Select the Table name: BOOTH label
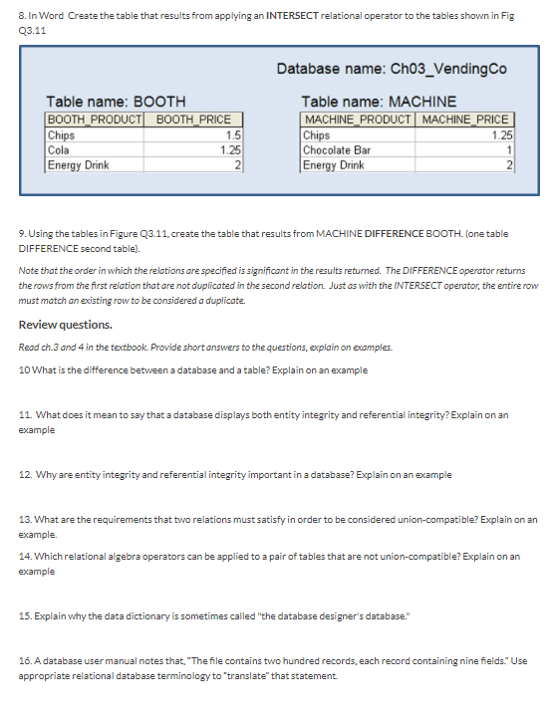(116, 101)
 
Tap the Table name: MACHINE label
(379, 101)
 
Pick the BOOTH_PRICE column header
(194, 120)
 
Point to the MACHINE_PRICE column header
(466, 120)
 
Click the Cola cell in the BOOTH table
(61, 148)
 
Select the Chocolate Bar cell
(337, 148)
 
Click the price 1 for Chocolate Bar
(508, 148)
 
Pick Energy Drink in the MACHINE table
(334, 163)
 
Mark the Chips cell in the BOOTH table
(63, 134)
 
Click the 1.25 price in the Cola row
(230, 148)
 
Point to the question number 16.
(26, 662)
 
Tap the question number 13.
(26, 520)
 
